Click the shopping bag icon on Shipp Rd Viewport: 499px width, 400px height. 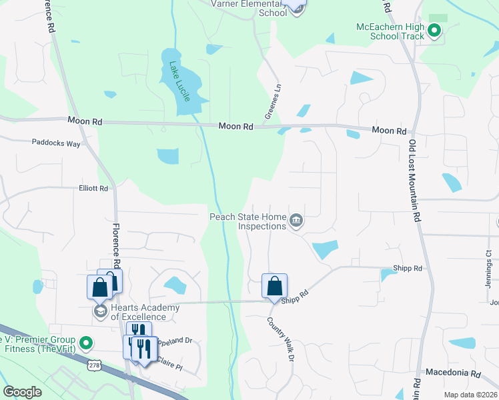pyautogui.click(x=274, y=287)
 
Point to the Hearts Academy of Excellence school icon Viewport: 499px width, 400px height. pyautogui.click(x=100, y=312)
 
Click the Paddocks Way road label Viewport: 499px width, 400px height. pyautogui.click(x=56, y=143)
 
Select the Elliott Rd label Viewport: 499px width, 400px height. pyautogui.click(x=93, y=189)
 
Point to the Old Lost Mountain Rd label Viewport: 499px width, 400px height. pyautogui.click(x=414, y=181)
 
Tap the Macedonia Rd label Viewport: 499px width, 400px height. pyautogui.click(x=453, y=373)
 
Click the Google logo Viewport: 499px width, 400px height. pyautogui.click(x=23, y=392)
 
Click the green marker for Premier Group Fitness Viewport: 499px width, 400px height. pyautogui.click(x=85, y=343)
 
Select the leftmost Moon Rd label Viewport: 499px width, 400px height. pyautogui.click(x=85, y=121)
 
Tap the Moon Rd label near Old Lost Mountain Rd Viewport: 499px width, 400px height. pyautogui.click(x=389, y=131)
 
